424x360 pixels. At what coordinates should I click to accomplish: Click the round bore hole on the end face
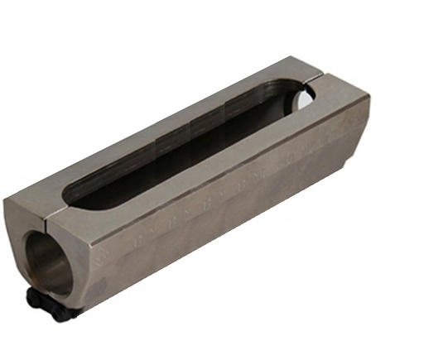(x=49, y=256)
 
